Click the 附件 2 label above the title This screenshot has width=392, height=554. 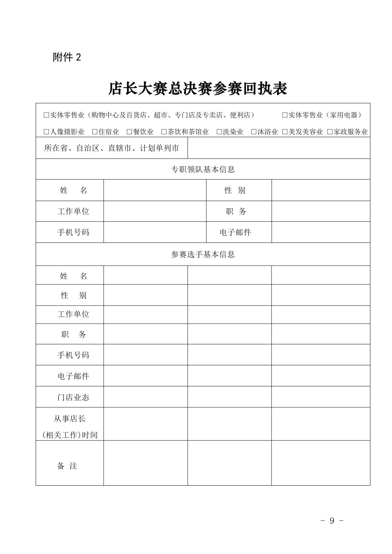click(x=67, y=57)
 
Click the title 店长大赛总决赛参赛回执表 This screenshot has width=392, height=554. click(x=198, y=89)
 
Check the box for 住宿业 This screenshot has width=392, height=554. click(x=95, y=132)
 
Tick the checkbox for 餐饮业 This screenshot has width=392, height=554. click(x=129, y=132)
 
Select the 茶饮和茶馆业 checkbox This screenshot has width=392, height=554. click(x=164, y=132)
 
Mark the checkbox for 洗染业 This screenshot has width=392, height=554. click(x=219, y=132)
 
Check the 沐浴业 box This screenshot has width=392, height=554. click(x=254, y=132)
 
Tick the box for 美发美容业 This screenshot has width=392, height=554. click(x=285, y=132)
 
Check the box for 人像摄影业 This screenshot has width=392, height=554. click(x=46, y=132)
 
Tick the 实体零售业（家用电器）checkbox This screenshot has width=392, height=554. click(x=285, y=115)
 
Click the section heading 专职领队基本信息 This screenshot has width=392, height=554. click(x=203, y=169)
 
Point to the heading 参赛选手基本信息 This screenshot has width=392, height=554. click(x=203, y=255)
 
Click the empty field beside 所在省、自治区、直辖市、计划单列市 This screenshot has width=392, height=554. click(x=279, y=148)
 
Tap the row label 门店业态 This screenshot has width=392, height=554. click(x=73, y=397)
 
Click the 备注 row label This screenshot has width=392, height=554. click(x=67, y=466)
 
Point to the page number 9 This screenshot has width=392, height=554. click(x=332, y=521)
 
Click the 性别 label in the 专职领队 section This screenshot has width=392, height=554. click(x=235, y=190)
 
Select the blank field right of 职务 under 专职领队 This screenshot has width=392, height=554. click(x=321, y=211)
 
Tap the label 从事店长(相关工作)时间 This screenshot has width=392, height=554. click(x=70, y=427)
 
